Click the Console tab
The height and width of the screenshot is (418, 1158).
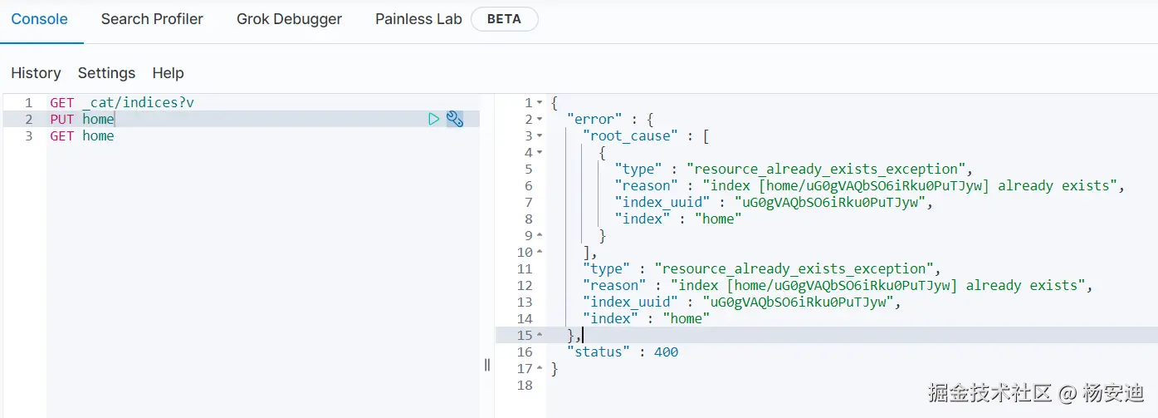(x=39, y=19)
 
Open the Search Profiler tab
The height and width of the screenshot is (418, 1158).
(x=152, y=19)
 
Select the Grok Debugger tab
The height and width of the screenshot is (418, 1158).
(x=289, y=19)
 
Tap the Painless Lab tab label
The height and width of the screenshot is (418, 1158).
(x=418, y=19)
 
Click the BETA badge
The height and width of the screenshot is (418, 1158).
(x=504, y=19)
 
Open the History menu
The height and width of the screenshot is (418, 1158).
(x=36, y=73)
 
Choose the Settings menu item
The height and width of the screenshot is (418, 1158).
(x=106, y=73)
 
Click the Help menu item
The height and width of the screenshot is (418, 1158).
(x=168, y=73)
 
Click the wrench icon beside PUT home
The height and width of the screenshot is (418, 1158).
(x=455, y=119)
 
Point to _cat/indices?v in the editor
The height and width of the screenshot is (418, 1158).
(x=138, y=102)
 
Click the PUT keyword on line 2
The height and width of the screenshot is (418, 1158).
(x=61, y=119)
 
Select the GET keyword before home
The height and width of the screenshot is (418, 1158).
(x=61, y=135)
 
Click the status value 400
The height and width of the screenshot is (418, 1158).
(x=666, y=352)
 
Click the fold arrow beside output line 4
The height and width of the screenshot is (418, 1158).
(x=540, y=152)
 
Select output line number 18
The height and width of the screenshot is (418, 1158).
(x=524, y=385)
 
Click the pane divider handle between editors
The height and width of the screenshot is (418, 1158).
(x=487, y=365)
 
